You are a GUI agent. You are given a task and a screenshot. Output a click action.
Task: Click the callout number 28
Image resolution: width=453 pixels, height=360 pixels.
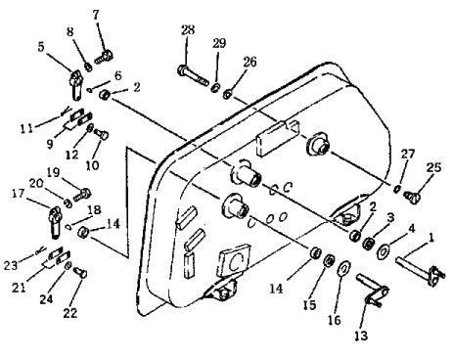point(188,30)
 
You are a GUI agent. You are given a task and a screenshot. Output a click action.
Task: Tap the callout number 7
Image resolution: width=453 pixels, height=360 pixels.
point(96,15)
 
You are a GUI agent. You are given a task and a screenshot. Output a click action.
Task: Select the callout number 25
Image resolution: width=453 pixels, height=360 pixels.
point(433,167)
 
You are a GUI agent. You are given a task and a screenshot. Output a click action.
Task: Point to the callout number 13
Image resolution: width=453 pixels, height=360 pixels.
point(361,336)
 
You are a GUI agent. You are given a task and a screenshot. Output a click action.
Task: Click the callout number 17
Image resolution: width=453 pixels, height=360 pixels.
point(18,194)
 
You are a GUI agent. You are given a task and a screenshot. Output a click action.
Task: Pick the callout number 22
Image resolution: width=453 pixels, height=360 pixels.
point(70,313)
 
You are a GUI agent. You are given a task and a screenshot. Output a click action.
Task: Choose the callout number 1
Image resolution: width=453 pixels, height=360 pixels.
point(431,238)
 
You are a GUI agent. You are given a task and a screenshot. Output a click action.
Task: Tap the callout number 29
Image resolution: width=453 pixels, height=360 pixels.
point(219,43)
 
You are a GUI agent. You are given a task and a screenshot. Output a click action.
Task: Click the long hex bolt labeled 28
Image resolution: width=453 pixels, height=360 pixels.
point(193,75)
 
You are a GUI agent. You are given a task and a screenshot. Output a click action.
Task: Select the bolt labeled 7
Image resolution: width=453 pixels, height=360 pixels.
point(104,57)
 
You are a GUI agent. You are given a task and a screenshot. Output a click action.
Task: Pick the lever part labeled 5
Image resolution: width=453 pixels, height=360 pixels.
point(76,85)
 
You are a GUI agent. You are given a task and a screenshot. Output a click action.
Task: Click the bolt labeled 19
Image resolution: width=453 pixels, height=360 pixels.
point(82,195)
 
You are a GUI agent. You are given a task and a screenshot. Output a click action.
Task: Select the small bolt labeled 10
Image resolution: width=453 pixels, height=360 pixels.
point(102,134)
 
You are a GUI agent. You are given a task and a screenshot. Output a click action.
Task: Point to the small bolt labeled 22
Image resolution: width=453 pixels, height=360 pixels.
point(80,272)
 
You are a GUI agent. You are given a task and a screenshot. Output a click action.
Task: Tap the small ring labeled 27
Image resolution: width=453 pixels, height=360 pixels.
point(397,189)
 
